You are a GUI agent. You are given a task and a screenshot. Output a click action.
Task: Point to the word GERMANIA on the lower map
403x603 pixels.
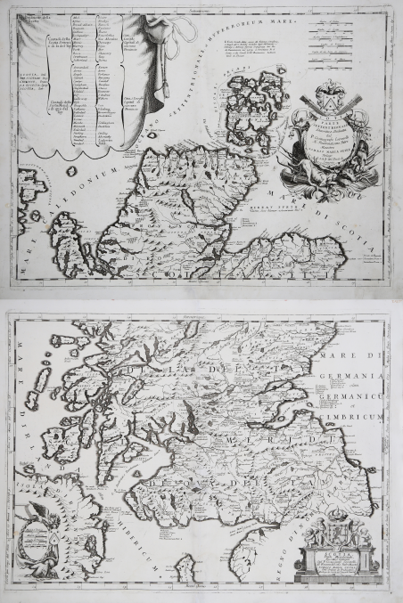click(367, 354)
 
